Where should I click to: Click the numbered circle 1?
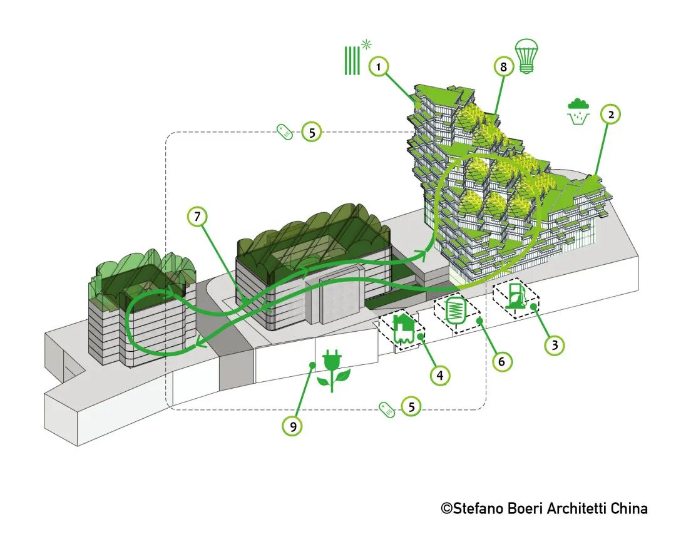pyautogui.click(x=377, y=66)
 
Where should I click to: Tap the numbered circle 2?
pyautogui.click(x=610, y=115)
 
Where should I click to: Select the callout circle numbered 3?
pyautogui.click(x=553, y=344)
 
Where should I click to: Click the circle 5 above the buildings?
pyautogui.click(x=312, y=132)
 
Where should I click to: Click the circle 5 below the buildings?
pyautogui.click(x=411, y=406)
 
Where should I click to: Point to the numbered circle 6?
pyautogui.click(x=502, y=361)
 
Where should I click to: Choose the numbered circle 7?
pyautogui.click(x=197, y=217)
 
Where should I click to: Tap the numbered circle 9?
pyautogui.click(x=292, y=426)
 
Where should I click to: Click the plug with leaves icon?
pyautogui.click(x=332, y=371)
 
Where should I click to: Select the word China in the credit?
pyautogui.click(x=628, y=508)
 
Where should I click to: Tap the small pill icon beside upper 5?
pyautogui.click(x=285, y=132)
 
